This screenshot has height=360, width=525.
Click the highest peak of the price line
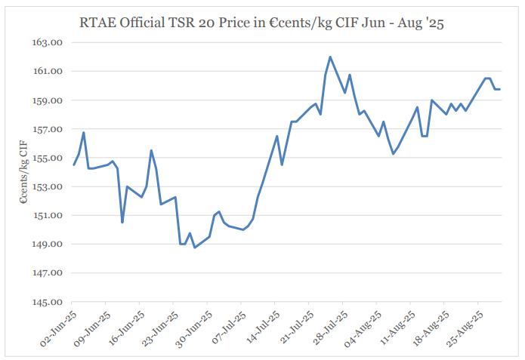[x=330, y=57]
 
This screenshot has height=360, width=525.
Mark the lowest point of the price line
[x=195, y=248]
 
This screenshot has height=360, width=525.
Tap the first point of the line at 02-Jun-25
[x=74, y=165]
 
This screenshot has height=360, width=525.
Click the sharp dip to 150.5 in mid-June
[x=122, y=222]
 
